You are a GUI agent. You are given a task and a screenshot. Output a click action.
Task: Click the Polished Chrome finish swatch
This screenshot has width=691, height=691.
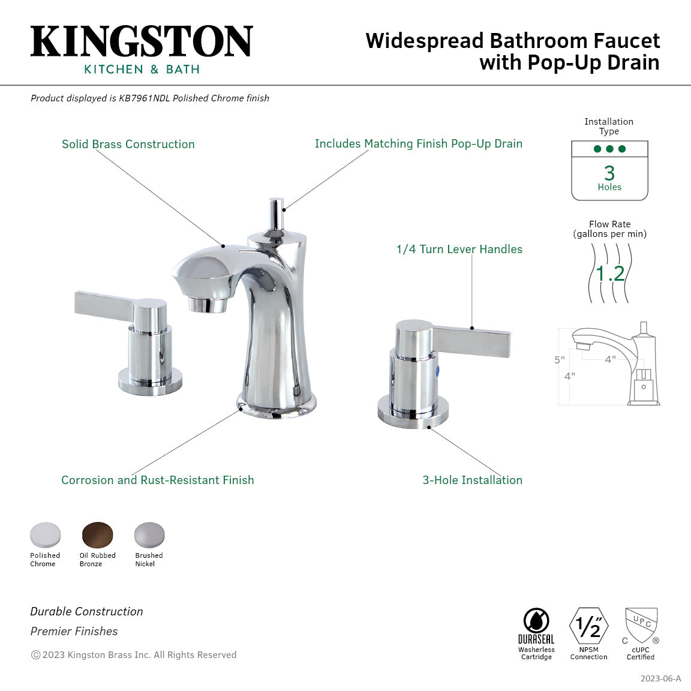46,534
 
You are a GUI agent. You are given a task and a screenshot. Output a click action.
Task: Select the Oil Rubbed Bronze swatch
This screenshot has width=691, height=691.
97,534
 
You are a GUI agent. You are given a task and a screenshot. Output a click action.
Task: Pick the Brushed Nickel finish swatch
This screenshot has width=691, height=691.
149,534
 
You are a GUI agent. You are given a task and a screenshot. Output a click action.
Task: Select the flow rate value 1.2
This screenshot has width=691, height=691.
610,274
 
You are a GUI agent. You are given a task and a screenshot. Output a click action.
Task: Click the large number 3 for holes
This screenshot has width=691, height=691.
609,173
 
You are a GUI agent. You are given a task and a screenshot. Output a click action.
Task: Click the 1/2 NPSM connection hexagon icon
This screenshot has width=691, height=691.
588,626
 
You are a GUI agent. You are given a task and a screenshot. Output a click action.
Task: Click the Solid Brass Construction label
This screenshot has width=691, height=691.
128,144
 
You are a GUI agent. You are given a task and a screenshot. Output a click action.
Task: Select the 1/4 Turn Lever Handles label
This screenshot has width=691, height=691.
459,249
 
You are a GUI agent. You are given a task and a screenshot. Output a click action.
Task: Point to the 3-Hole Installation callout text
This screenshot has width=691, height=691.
472,480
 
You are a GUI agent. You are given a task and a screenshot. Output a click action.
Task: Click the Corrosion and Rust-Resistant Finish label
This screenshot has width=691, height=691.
158,480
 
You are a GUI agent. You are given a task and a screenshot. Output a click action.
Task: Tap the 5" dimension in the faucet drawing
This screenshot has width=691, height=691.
559,360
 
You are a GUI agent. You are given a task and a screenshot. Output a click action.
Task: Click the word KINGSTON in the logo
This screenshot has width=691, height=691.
142,41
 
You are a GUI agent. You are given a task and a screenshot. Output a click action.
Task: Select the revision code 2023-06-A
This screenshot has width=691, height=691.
660,678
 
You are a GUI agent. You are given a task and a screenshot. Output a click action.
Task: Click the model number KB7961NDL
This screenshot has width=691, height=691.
144,98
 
